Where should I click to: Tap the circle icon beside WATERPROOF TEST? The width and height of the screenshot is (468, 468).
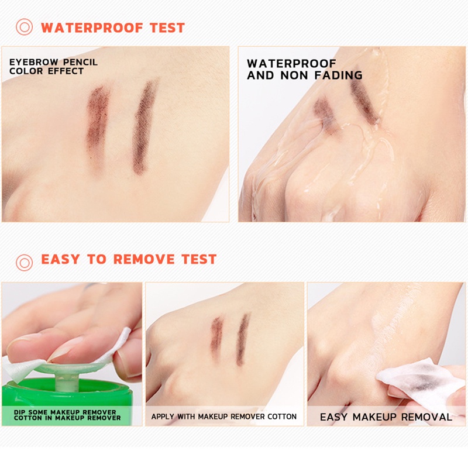click(x=24, y=27)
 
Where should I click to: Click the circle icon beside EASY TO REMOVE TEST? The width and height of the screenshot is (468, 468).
click(x=24, y=263)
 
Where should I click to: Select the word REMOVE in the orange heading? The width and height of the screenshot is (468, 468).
click(x=144, y=259)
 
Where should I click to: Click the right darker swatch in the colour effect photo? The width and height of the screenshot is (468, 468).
click(x=144, y=127)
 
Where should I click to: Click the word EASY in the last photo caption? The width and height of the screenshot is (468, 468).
click(x=333, y=417)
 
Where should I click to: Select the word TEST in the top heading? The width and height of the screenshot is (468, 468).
click(x=167, y=27)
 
